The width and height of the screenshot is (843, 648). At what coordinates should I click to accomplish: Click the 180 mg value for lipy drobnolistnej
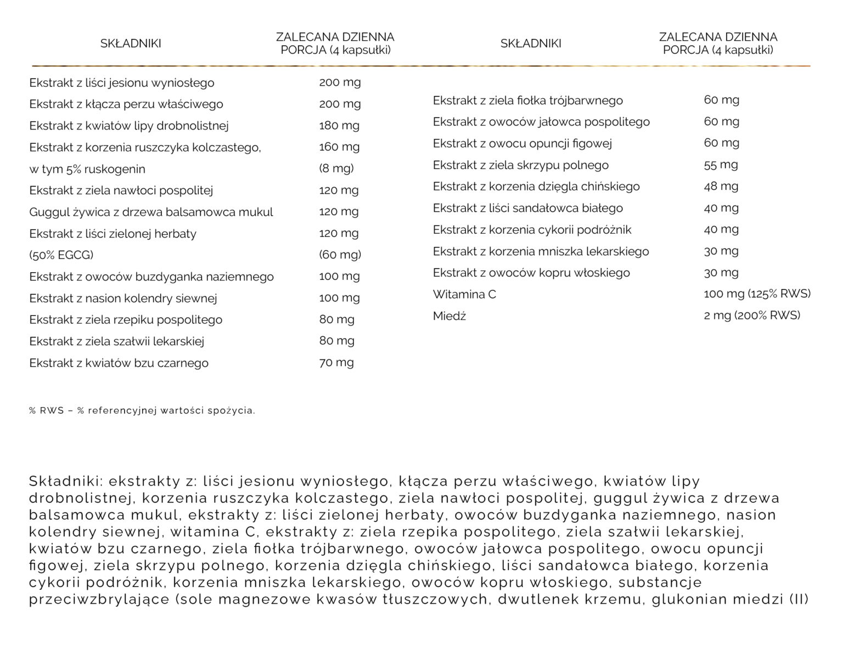pyautogui.click(x=339, y=125)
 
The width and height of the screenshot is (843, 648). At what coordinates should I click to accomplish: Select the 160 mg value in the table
pyautogui.click(x=339, y=146)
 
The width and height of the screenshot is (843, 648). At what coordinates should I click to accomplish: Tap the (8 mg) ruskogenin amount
pyautogui.click(x=336, y=168)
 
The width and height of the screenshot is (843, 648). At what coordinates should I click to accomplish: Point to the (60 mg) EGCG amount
pyautogui.click(x=340, y=255)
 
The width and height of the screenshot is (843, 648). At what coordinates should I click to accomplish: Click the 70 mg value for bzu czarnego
pyautogui.click(x=336, y=362)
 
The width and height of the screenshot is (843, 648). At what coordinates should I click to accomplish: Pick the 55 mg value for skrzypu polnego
pyautogui.click(x=721, y=165)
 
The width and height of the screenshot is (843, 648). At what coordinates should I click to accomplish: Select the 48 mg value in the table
pyautogui.click(x=721, y=186)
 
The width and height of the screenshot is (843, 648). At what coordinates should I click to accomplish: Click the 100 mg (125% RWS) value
pyautogui.click(x=757, y=294)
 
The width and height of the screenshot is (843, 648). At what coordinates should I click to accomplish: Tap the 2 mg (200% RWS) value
pyautogui.click(x=752, y=315)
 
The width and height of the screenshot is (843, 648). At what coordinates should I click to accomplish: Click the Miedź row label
pyautogui.click(x=449, y=316)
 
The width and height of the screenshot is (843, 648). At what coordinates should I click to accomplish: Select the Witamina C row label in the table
pyautogui.click(x=464, y=294)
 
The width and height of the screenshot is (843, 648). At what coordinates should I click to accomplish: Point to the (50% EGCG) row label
pyautogui.click(x=61, y=255)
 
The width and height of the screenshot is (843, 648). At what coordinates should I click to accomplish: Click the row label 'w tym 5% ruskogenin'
pyautogui.click(x=87, y=169)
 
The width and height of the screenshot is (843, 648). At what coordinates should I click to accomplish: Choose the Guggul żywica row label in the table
pyautogui.click(x=151, y=212)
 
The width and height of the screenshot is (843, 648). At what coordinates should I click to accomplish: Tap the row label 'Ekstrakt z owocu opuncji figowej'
pyautogui.click(x=522, y=143)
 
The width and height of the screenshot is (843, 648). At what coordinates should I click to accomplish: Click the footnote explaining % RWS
pyautogui.click(x=142, y=410)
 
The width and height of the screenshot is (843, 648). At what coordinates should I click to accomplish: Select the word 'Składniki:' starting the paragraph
pyautogui.click(x=65, y=481)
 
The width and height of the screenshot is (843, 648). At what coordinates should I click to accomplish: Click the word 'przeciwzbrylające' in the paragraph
pyautogui.click(x=99, y=599)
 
